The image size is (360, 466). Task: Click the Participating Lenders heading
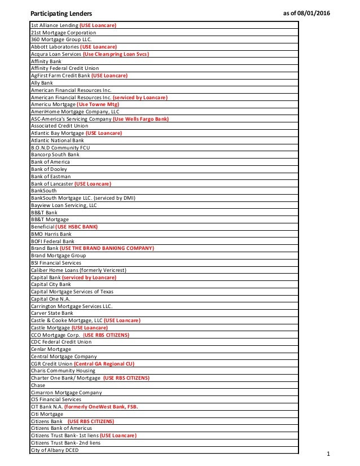[x=61, y=12]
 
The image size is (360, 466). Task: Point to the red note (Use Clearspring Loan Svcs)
[x=116, y=54]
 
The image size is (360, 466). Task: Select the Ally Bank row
[x=42, y=83]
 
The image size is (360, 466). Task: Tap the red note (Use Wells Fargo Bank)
[x=141, y=119]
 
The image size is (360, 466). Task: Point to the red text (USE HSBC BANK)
[x=77, y=227]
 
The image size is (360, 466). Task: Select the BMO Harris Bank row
[x=51, y=234]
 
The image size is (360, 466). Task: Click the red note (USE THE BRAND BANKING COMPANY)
[x=107, y=248]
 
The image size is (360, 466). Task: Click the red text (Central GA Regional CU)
[x=104, y=364]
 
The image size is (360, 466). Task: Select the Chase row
[x=38, y=385]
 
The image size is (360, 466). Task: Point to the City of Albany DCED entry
[x=55, y=450]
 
